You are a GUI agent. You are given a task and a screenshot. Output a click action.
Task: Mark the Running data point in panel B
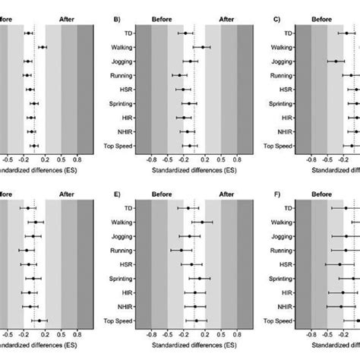coord(180,75)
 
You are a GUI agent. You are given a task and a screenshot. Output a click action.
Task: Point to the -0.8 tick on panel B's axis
coord(151,160)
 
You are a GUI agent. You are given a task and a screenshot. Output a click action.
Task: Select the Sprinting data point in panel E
coord(200,278)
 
